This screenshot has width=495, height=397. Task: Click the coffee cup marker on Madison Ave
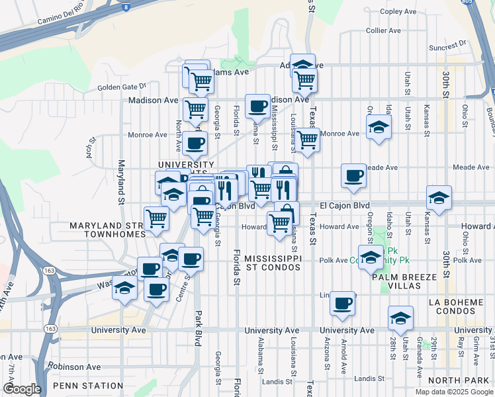257,105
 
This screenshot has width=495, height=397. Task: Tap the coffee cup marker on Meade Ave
354,175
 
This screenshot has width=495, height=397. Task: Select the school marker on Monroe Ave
379,126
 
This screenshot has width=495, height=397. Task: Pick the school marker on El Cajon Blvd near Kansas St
439,197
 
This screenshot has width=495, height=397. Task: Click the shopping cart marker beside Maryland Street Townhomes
156,218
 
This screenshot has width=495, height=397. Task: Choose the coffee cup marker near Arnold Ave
342,303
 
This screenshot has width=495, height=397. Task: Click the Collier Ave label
383,30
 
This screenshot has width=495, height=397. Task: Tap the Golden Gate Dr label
121,87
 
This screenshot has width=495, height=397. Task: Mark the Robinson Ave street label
74,366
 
